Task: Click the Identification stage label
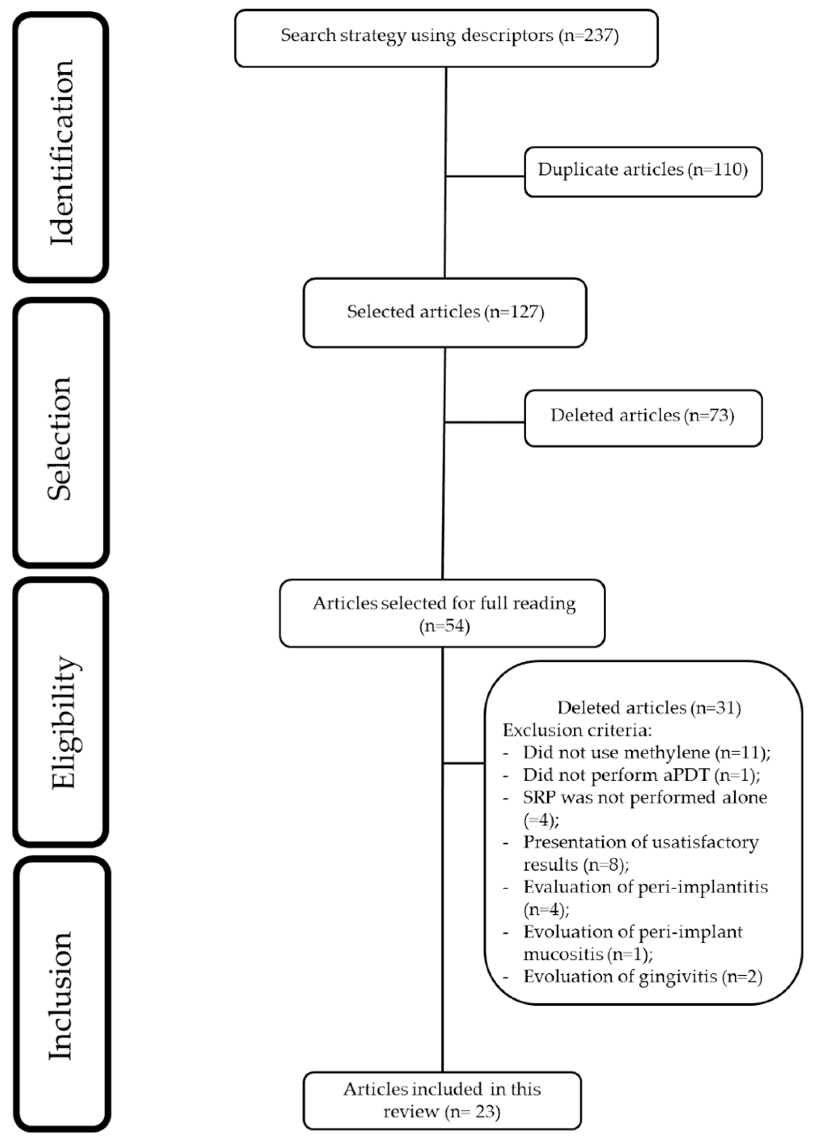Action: [x=61, y=152]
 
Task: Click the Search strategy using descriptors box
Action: [x=446, y=38]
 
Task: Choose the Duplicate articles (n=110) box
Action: [x=643, y=171]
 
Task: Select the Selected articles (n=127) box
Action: [x=445, y=313]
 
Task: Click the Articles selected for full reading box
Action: [x=442, y=613]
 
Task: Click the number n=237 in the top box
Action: [x=588, y=36]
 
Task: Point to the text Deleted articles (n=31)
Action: [x=649, y=707]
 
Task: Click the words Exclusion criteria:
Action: [x=577, y=730]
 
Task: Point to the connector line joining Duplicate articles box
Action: [x=485, y=177]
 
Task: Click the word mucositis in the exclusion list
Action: [x=563, y=954]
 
